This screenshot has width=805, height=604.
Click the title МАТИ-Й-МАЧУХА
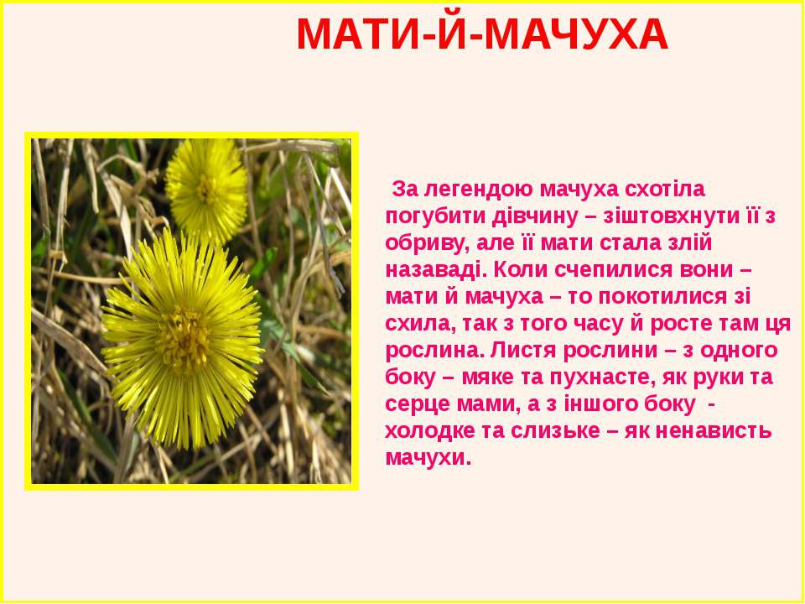click(482, 34)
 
